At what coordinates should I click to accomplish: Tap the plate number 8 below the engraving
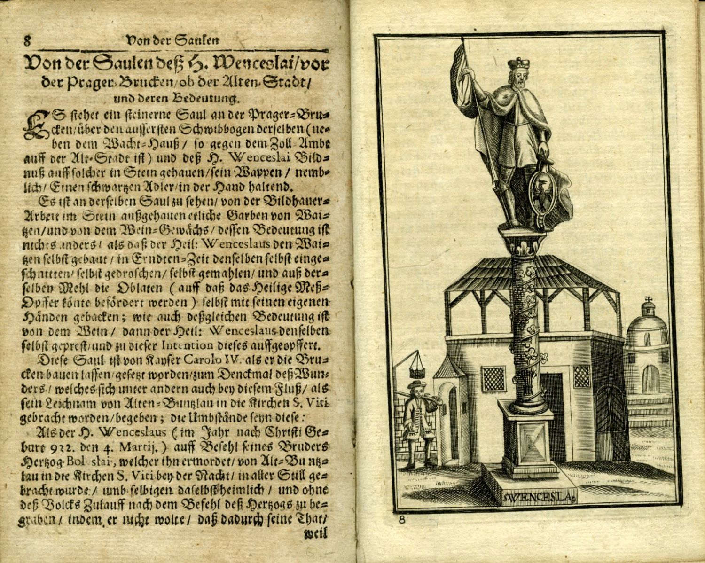tap(402, 519)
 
